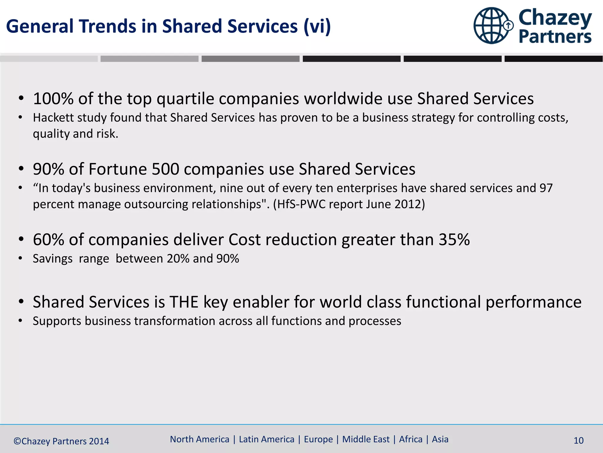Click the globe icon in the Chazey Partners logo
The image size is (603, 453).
(491, 26)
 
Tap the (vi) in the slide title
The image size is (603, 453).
(317, 27)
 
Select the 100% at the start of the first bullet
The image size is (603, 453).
(53, 99)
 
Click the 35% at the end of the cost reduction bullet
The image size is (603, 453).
(454, 239)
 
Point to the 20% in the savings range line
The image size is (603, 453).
(178, 259)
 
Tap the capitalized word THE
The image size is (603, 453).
(184, 302)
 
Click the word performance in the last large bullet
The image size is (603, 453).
(533, 302)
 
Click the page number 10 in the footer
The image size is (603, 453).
(578, 441)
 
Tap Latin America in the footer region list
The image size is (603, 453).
(266, 439)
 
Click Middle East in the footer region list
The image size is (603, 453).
(366, 439)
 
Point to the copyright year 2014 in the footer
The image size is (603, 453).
(99, 441)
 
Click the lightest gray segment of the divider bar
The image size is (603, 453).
(49, 59)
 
